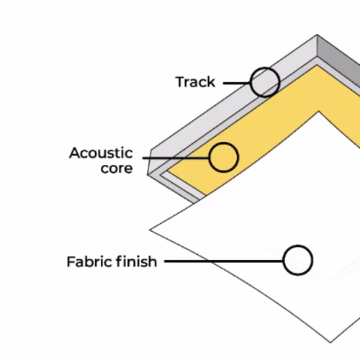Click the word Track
coord(195,82)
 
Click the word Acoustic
coord(101,153)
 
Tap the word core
coord(117,168)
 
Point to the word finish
coord(136,261)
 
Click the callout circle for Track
coord(265,68)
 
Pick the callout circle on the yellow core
coord(223,143)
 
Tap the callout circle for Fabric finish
coord(298,246)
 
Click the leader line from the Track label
coord(237,84)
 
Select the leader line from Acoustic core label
coord(176,158)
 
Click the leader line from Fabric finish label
coord(224,261)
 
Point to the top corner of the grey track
coord(317,35)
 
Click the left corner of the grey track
coord(148,174)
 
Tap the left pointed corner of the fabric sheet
coord(150,230)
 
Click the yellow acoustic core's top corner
coord(318,65)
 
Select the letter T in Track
coord(181,82)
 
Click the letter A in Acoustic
coord(75,153)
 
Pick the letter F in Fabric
coord(71,261)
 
